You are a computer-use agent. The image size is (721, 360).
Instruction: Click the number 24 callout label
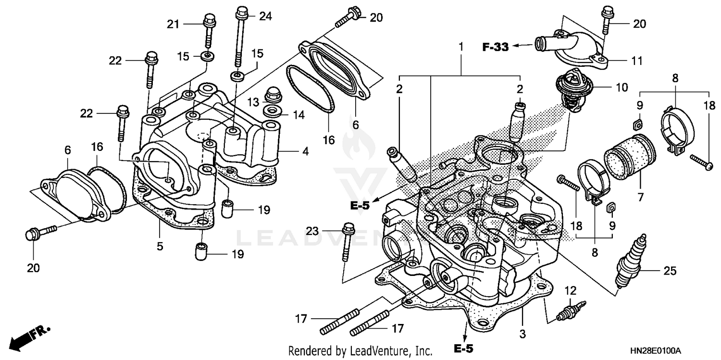tap(265, 16)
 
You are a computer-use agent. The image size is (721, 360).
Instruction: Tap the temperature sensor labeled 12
tap(571, 311)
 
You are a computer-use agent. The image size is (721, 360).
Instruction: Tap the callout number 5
tap(160, 247)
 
